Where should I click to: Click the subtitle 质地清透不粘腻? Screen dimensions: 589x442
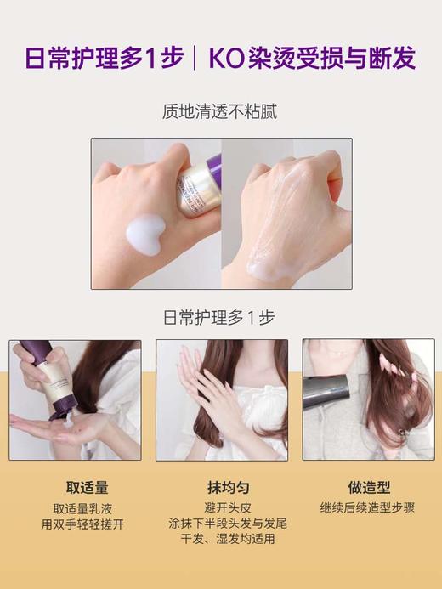pos(220,111)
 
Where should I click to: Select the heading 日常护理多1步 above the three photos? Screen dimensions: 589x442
pos(220,318)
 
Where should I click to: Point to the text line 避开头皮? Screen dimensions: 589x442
pos(221,508)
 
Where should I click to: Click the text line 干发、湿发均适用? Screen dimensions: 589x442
pos(221,539)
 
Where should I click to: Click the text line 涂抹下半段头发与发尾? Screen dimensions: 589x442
pos(221,524)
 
